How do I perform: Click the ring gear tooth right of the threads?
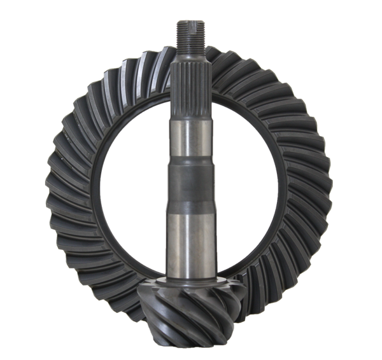coord(223,54)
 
